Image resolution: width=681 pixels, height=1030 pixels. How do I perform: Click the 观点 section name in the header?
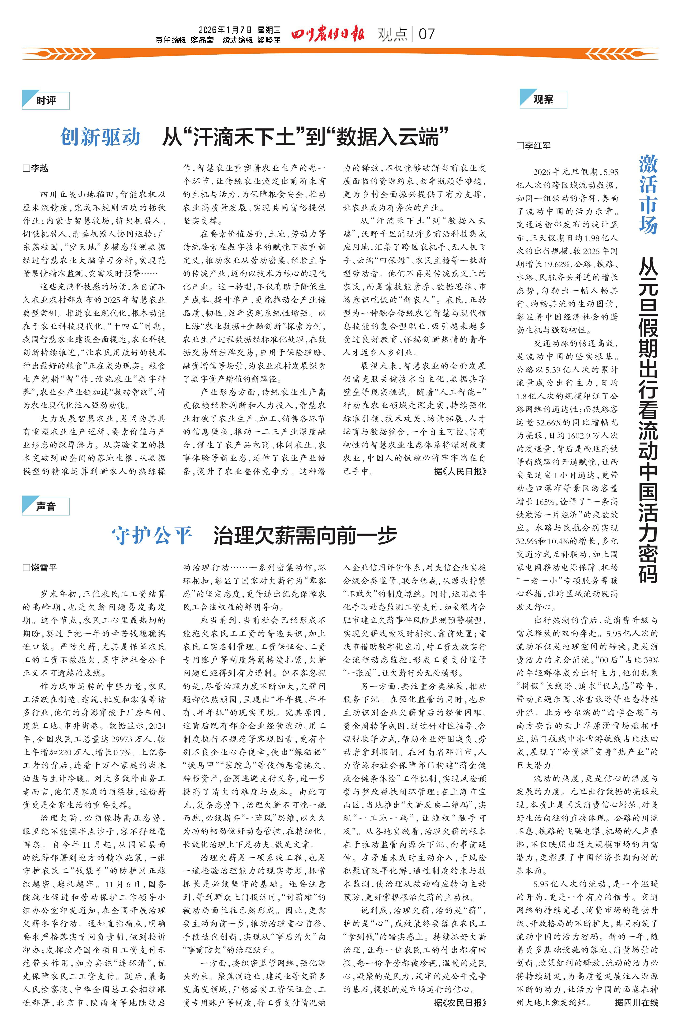click(x=393, y=34)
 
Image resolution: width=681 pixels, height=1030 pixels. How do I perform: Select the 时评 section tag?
click(x=46, y=101)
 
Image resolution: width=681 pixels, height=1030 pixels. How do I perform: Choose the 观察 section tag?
click(x=543, y=99)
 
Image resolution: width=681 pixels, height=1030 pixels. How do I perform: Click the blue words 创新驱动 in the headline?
click(x=100, y=137)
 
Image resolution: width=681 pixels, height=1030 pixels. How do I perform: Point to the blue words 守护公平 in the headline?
click(x=152, y=535)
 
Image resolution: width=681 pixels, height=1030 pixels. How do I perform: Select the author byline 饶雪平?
click(x=40, y=567)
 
